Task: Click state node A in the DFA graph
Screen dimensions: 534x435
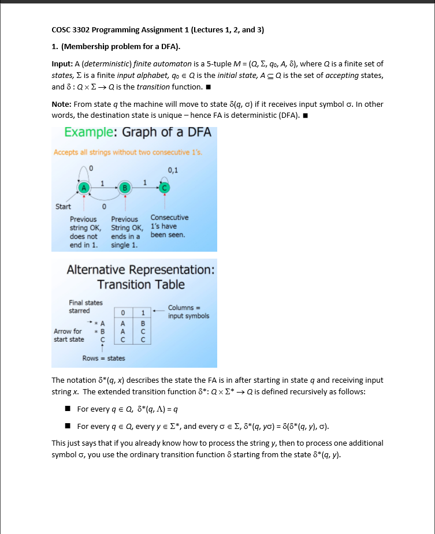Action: [x=84, y=187]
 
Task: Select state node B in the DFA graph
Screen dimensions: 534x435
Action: [x=125, y=187]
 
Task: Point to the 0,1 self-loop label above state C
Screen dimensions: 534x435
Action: [x=173, y=170]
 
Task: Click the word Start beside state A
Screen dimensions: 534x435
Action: [x=63, y=206]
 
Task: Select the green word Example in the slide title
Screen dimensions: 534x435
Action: [x=90, y=132]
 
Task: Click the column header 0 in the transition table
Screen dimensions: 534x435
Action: [x=124, y=312]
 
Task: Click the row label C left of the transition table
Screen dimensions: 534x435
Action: [x=102, y=340]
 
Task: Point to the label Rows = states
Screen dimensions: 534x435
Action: [x=103, y=359]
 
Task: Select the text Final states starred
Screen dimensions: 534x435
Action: [x=85, y=307]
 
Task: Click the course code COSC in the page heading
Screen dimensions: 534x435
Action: [x=61, y=30]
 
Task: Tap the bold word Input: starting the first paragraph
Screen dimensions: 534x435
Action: [x=62, y=64]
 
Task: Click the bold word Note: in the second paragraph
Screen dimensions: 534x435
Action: [x=61, y=104]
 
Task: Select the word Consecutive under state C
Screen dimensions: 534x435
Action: [x=169, y=218]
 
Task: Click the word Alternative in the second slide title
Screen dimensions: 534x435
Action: [x=99, y=270]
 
